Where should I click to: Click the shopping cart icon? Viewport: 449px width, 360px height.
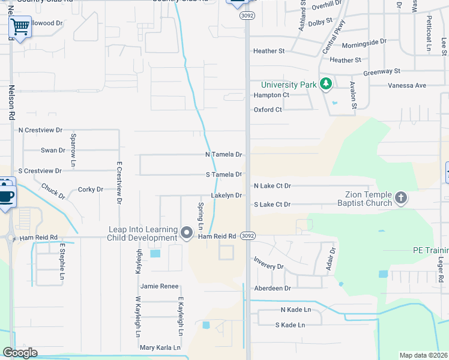(x=20, y=26)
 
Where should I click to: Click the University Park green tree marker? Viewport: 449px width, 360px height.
(x=326, y=84)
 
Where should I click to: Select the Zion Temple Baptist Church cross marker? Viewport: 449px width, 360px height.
(x=401, y=197)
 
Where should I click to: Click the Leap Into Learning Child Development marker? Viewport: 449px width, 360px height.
(x=187, y=232)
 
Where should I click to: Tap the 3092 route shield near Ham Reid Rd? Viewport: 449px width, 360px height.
(x=248, y=236)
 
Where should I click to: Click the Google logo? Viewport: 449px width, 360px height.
(x=20, y=353)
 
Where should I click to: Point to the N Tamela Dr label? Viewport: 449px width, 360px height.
(x=223, y=155)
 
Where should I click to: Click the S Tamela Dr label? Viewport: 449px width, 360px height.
(x=223, y=175)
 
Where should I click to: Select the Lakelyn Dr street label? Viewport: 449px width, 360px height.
(x=226, y=196)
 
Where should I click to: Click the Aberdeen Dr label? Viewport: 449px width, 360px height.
(x=272, y=289)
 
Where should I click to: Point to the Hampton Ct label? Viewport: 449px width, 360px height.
(x=271, y=95)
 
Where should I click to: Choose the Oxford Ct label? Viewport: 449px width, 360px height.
(x=268, y=110)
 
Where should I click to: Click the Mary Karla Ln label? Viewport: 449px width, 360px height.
(x=160, y=348)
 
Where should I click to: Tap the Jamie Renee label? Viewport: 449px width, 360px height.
(x=159, y=287)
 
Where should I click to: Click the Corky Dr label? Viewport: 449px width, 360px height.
(x=91, y=190)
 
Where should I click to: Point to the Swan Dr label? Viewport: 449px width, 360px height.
(x=53, y=151)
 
